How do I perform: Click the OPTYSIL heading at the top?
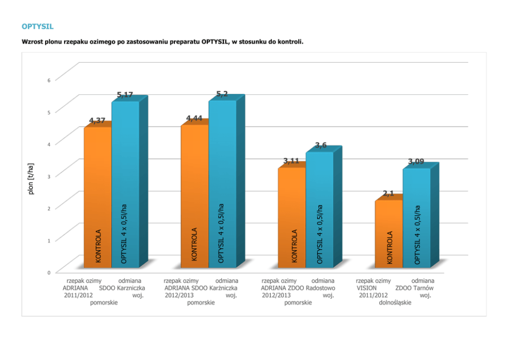37,26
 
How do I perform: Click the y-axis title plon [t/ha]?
31,178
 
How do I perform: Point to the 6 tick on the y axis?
49,80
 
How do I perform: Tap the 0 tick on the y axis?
49,272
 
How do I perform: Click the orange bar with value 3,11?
291,215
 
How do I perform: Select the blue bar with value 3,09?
416,215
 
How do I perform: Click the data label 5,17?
125,95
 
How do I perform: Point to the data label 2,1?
388,193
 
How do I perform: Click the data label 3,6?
321,146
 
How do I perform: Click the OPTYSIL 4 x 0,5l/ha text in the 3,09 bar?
417,235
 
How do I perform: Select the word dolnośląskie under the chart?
395,303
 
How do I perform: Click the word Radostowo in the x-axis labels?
320,288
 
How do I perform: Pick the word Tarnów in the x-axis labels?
423,288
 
